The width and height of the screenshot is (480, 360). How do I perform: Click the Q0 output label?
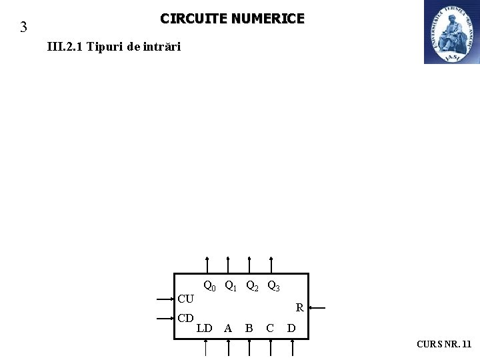[209, 287]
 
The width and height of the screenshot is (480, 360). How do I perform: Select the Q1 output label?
[231, 287]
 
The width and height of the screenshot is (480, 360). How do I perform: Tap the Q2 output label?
[252, 287]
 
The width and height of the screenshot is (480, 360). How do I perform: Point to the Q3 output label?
[273, 287]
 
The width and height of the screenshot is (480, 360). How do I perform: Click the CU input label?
[185, 299]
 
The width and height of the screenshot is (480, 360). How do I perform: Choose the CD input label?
[185, 318]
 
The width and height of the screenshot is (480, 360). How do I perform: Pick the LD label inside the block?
[205, 328]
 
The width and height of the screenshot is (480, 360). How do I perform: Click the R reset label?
[300, 308]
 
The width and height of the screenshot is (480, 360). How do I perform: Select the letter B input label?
[249, 328]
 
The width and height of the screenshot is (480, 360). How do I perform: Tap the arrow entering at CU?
[164, 299]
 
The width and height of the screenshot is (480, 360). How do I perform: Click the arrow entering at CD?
[164, 319]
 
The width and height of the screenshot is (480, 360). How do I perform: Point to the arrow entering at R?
[317, 308]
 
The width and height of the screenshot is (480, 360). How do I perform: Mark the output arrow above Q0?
[207, 265]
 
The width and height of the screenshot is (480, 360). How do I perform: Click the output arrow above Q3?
[271, 265]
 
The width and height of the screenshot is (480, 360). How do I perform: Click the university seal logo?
[451, 32]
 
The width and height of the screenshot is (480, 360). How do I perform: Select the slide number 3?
[23, 27]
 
